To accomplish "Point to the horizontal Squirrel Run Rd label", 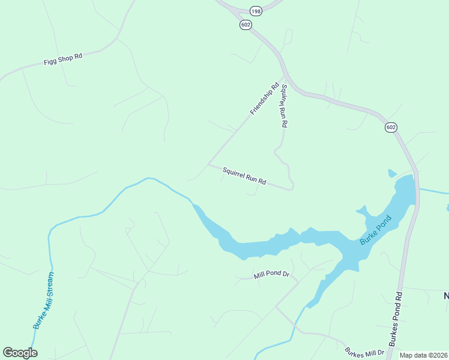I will pyautogui.click(x=244, y=176).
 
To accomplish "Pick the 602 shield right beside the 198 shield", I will pyautogui.click(x=245, y=25).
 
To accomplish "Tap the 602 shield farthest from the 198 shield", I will pyautogui.click(x=391, y=127).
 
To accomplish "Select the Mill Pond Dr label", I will pyautogui.click(x=271, y=275).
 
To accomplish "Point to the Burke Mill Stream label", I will pyautogui.click(x=44, y=300).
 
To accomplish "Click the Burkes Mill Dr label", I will pyautogui.click(x=364, y=352).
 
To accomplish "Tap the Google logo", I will pyautogui.click(x=20, y=353).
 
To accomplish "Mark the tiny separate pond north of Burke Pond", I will pyautogui.click(x=392, y=173).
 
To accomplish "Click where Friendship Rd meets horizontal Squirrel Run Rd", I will pyautogui.click(x=208, y=164).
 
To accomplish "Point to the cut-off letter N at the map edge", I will pyautogui.click(x=446, y=295).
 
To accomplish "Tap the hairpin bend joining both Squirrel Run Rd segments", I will pyautogui.click(x=291, y=188).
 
